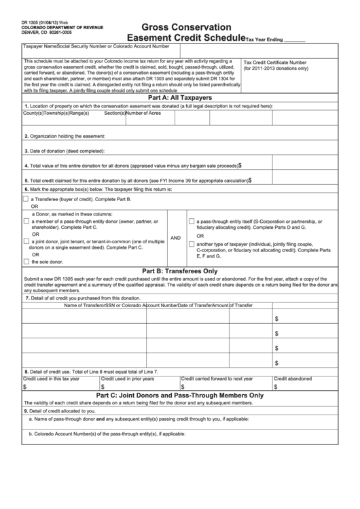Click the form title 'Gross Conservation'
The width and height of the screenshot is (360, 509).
179,27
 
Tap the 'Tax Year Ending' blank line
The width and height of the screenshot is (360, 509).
293,40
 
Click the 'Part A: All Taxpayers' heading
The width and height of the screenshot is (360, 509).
179,98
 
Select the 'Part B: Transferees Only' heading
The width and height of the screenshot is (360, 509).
179,270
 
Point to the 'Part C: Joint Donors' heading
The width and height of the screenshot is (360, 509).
179,395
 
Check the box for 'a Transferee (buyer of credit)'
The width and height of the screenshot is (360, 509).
26,199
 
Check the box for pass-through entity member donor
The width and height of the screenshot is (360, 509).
26,221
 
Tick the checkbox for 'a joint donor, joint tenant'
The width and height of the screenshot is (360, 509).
26,241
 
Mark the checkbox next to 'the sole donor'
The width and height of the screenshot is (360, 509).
26,261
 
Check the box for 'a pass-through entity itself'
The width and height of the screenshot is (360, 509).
192,222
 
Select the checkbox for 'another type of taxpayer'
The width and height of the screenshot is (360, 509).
192,243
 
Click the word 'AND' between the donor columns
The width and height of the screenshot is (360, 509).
175,238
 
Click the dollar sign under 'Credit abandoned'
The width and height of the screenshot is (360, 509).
276,386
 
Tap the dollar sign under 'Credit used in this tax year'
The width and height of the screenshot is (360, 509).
25,386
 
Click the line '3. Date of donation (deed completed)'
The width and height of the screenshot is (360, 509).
65,151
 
